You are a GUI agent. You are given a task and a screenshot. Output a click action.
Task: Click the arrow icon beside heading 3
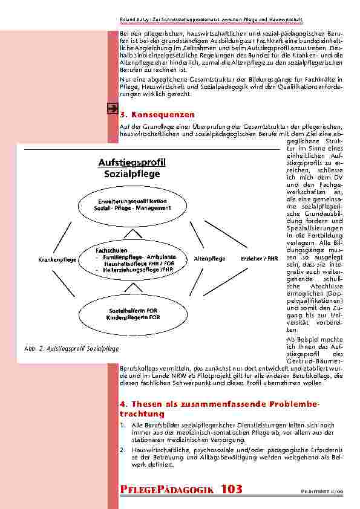[112, 109]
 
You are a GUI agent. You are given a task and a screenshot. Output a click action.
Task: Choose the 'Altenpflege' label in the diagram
[209, 259]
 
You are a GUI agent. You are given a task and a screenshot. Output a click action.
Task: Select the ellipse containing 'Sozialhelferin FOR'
[130, 313]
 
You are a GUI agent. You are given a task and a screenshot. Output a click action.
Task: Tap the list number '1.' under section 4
[123, 425]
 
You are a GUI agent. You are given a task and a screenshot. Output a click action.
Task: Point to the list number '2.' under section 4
[123, 450]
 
